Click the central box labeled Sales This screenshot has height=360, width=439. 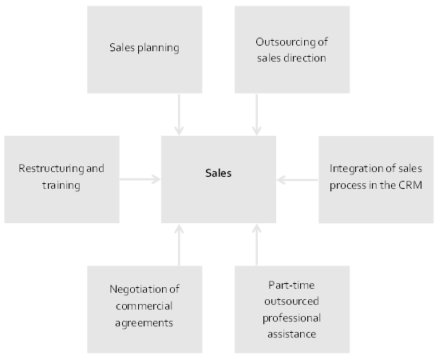point(219,179)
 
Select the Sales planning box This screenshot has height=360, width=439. point(144,50)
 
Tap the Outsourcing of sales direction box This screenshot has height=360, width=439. point(292,50)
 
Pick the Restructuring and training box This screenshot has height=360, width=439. point(62,179)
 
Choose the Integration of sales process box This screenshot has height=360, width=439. point(376,179)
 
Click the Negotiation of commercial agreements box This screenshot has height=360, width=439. point(144,310)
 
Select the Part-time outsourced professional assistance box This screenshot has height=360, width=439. point(292,310)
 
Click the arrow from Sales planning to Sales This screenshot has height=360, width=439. point(179,114)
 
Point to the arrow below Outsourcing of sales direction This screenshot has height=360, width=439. point(257,114)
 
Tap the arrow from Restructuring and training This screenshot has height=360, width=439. point(140,179)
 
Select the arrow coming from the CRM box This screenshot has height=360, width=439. point(298,180)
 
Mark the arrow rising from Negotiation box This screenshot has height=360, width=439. point(179,245)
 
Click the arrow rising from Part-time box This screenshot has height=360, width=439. point(257,245)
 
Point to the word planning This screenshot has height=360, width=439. point(159,48)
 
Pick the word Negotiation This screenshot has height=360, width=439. point(139,290)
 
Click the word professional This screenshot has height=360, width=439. point(291,318)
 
